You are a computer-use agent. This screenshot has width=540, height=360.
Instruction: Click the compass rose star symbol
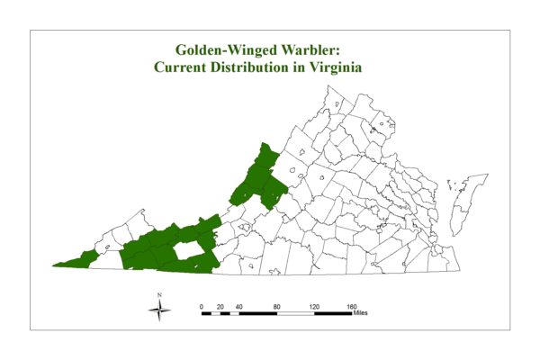coord(160,311)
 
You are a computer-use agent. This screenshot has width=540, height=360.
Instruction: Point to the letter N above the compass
coord(160,295)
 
